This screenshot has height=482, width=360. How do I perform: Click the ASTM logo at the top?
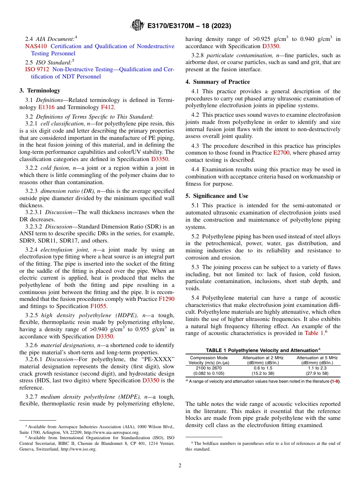[137, 25]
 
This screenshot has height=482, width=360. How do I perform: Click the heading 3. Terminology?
[40, 91]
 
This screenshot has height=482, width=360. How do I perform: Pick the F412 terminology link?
[108, 107]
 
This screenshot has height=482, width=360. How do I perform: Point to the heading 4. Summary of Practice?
[218, 82]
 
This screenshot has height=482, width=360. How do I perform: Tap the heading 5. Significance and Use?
[217, 196]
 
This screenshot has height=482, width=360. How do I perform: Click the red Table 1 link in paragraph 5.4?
[314, 333]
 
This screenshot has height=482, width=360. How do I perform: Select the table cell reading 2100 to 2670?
[208, 368]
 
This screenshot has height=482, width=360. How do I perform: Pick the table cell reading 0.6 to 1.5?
[263, 368]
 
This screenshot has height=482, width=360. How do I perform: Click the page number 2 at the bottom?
[180, 466]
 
